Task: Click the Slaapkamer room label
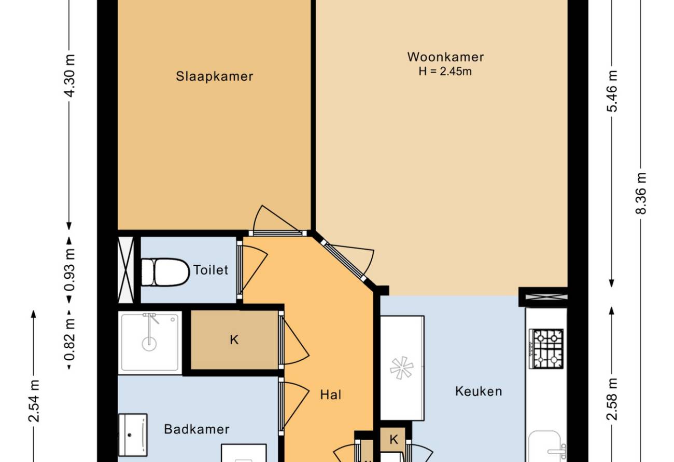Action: [x=214, y=76]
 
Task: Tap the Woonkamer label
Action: [x=446, y=57]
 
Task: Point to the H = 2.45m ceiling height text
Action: [x=445, y=72]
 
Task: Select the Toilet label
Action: [x=210, y=270]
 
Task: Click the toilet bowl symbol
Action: [x=165, y=272]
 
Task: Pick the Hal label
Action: [x=331, y=395]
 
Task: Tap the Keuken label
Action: [x=479, y=391]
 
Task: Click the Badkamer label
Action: [x=197, y=429]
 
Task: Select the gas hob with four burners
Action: [x=546, y=348]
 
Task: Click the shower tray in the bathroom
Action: [x=150, y=343]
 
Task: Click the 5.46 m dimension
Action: [x=612, y=91]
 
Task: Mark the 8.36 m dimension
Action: [x=641, y=193]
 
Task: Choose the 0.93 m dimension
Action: [x=69, y=269]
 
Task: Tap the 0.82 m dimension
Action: [x=69, y=339]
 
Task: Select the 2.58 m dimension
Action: [x=612, y=399]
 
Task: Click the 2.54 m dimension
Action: [x=34, y=401]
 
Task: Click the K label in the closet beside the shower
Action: [x=234, y=339]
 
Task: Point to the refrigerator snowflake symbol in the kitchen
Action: [x=402, y=368]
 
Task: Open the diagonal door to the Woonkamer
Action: [x=343, y=260]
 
